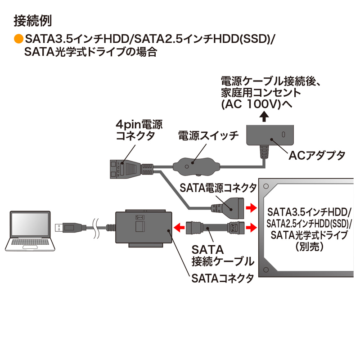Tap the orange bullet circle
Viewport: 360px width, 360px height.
tap(18, 39)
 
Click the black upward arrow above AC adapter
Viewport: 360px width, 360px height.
tap(265, 117)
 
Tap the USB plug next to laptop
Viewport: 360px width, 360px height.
tap(67, 227)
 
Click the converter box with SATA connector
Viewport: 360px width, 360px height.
tap(144, 228)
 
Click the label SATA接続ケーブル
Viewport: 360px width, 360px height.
tap(221, 255)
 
